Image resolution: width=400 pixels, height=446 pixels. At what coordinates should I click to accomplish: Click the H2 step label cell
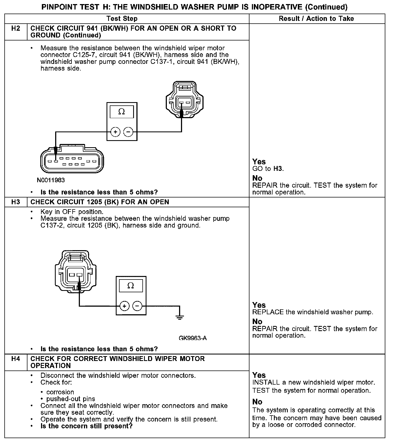point(16,29)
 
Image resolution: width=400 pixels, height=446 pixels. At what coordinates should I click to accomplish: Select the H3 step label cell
point(16,202)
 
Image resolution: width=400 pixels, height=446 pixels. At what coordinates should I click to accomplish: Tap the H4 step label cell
point(16,359)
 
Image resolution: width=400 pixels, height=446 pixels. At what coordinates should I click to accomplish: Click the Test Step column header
point(122,19)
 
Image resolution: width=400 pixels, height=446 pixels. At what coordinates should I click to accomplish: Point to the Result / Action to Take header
point(316,19)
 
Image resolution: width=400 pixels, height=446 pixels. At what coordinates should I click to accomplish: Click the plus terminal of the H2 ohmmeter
point(115,132)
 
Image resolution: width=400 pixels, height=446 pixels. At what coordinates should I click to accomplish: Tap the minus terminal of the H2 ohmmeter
point(128,132)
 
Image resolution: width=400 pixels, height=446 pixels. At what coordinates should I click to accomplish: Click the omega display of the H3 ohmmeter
point(131,286)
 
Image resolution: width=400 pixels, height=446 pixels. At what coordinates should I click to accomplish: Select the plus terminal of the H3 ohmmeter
point(124,306)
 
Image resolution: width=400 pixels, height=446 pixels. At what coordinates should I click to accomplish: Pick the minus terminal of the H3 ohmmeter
point(137,306)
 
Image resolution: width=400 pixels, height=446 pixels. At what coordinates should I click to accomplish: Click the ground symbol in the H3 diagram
point(179,317)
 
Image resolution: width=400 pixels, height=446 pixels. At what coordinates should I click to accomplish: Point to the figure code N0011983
point(51,180)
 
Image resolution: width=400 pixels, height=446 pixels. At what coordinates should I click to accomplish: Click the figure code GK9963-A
point(193,338)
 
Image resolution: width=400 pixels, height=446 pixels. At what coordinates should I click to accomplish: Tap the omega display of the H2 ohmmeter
point(122,112)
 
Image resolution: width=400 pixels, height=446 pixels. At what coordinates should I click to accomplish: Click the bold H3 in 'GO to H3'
point(277,169)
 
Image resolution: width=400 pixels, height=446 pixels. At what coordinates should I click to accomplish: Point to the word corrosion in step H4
point(60,392)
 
